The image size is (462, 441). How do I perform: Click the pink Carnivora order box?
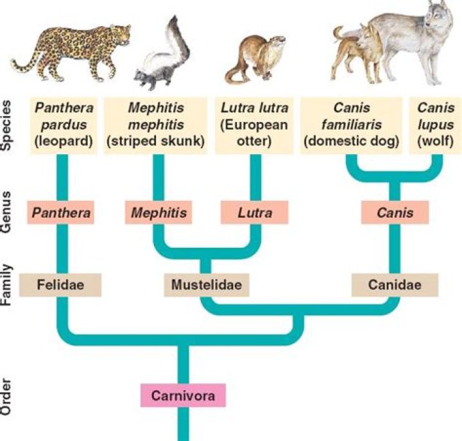point(183,395)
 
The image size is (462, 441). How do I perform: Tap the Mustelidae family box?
point(206,284)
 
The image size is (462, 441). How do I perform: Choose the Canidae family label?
point(395,284)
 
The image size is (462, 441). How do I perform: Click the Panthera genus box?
point(61,211)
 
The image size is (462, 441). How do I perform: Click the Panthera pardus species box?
point(62,125)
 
